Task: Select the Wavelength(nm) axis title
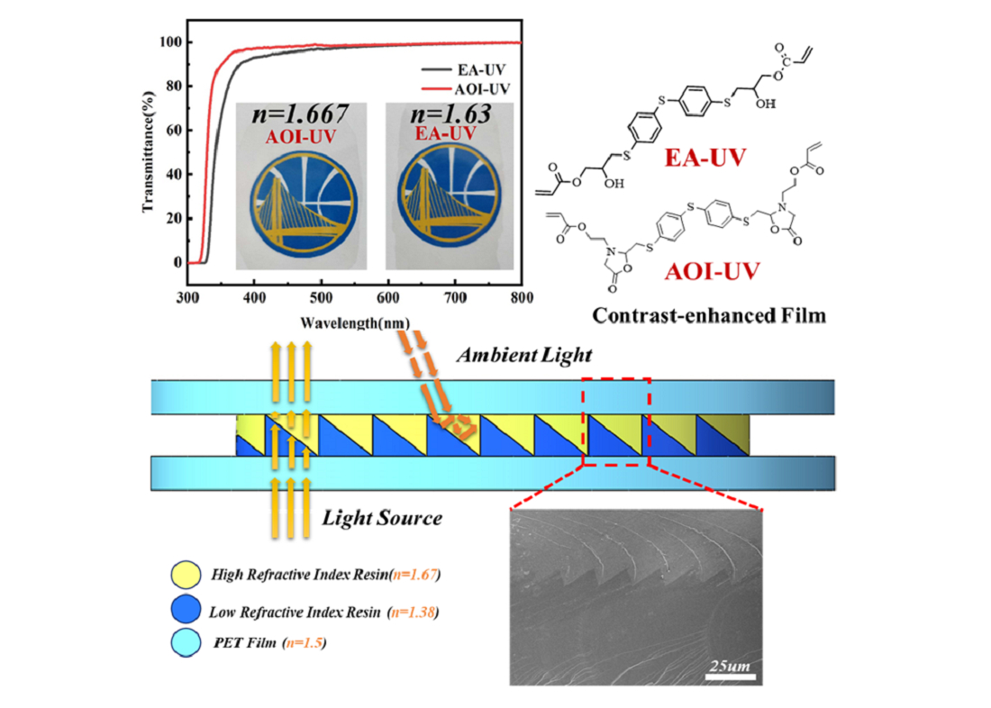[355, 323]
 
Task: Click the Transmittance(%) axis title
[149, 151]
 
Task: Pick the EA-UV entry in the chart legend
[465, 70]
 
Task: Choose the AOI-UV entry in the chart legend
[466, 89]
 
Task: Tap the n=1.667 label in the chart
[300, 113]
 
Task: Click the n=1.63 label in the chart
[450, 113]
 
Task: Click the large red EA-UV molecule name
[705, 158]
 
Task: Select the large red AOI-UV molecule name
[713, 271]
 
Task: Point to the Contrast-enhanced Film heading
[708, 314]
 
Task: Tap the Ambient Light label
[524, 355]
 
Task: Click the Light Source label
[382, 518]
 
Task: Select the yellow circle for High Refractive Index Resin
[186, 575]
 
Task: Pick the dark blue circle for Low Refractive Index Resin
[186, 610]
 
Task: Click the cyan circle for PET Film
[186, 643]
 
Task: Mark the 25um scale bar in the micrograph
[730, 677]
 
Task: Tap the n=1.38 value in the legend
[414, 612]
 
